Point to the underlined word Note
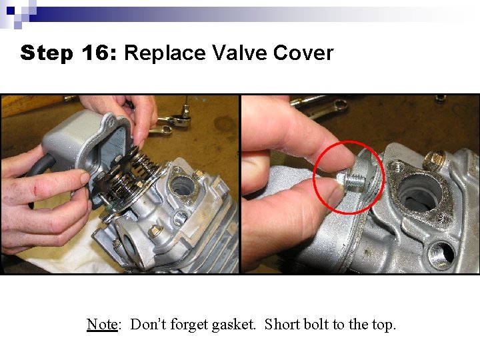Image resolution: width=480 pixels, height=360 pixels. (x=102, y=325)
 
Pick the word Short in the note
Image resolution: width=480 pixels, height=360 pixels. (x=282, y=325)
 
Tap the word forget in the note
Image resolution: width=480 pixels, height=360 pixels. (x=189, y=325)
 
